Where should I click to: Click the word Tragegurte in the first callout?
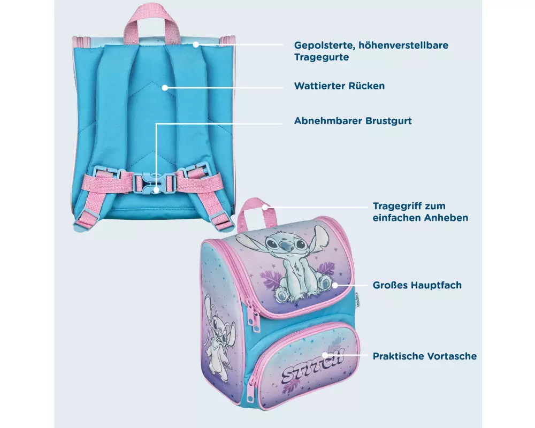pos(322,57)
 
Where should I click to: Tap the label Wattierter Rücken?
pos(340,86)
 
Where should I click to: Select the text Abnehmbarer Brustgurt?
pos(353,121)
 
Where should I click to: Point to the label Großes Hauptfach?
pos(417,285)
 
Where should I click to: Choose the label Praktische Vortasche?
pos(424,356)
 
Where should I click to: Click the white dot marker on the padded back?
pos(165,88)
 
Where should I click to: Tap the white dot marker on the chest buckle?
pos(156,189)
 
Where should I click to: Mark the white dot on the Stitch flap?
pos(335,285)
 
